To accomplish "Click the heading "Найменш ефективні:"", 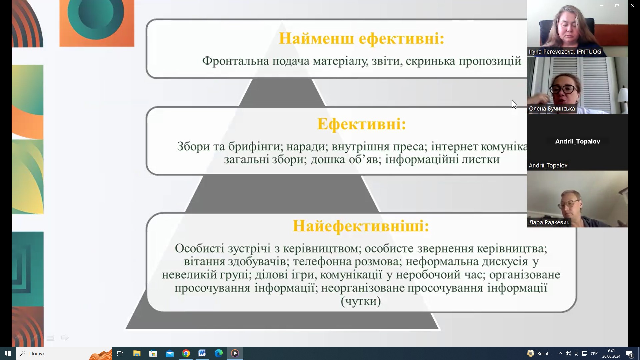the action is (362, 38).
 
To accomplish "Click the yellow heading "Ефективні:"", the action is (362, 124).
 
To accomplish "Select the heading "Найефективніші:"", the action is (361, 226).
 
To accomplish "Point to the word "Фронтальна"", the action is (236, 61).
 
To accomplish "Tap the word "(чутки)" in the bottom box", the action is (361, 301).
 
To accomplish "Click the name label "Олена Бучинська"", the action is (552, 109).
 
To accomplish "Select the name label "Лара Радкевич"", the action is (549, 222).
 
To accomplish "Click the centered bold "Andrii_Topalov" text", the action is (578, 141).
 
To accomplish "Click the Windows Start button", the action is (8, 353).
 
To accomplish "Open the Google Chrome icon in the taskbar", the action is (186, 353).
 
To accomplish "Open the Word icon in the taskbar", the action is (202, 353).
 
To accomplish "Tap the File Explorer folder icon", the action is (137, 353).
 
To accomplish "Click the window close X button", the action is (632, 5).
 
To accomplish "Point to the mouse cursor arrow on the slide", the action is (514, 104).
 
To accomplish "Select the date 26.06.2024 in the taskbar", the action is (611, 356).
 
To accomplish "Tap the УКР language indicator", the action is (594, 353).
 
